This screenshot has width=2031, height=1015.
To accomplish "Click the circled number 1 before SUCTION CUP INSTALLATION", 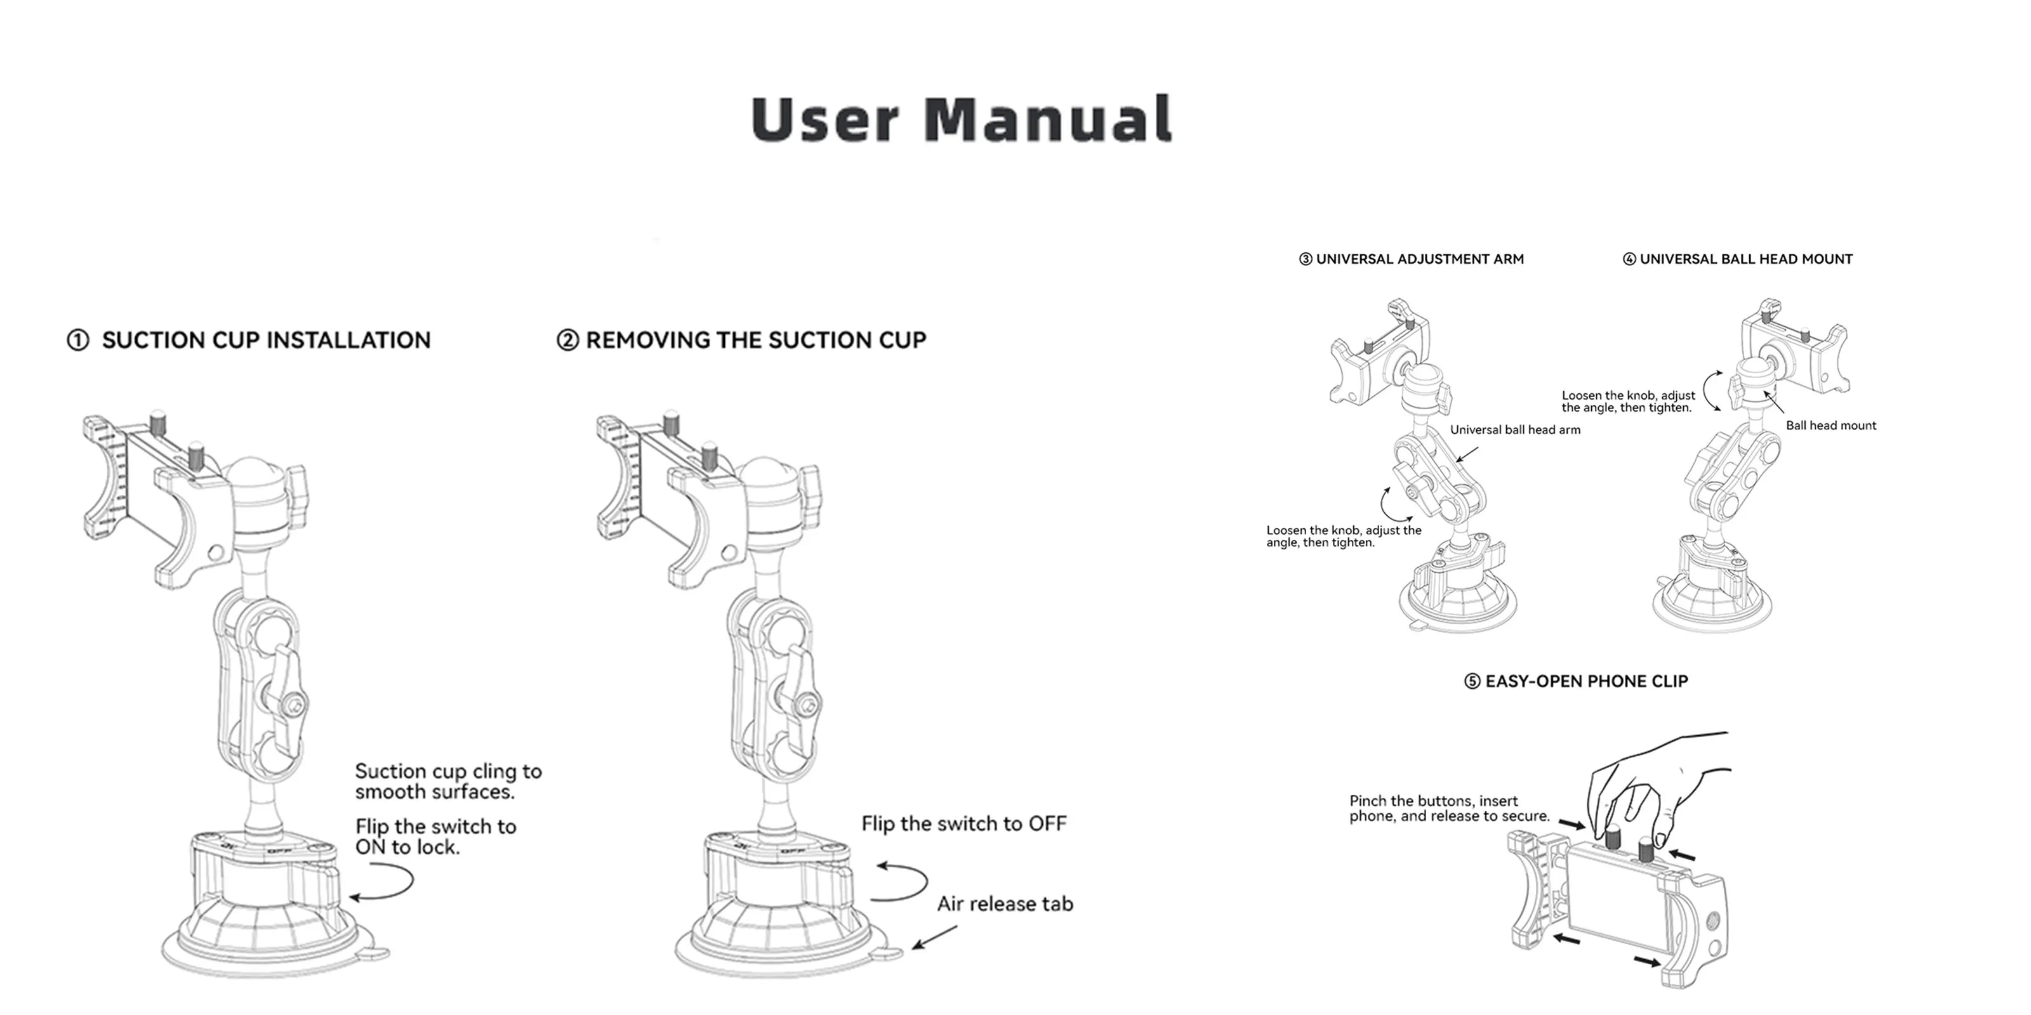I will (77, 341).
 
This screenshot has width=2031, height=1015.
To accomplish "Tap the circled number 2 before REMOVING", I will (567, 341).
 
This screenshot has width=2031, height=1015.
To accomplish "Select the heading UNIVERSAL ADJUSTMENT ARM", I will (1419, 259).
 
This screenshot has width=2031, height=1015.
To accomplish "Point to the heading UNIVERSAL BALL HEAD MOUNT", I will (1745, 259).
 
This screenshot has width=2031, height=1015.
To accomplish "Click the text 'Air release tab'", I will (1005, 904).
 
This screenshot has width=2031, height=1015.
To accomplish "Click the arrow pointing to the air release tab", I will (934, 937).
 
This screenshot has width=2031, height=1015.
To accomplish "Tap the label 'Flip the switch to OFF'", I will (963, 823).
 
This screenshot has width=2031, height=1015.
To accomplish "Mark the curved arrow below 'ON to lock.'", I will (384, 882).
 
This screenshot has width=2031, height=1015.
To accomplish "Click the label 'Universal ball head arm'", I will (1514, 430).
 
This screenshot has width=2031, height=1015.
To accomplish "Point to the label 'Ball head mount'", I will (1830, 426).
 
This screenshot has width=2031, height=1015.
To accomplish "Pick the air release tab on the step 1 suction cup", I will (373, 953).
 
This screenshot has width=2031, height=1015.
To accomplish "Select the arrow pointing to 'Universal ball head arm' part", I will (1467, 455).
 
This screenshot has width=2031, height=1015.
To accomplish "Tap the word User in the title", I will (824, 119).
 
